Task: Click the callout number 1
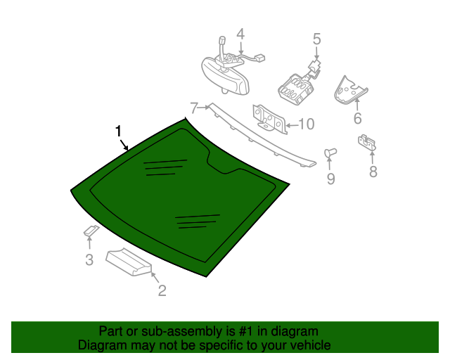[x=119, y=131]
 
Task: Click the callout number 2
[x=162, y=290]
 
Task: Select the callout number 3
[x=89, y=260]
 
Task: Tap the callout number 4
[x=240, y=34]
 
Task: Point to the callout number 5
[x=316, y=39]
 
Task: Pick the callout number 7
[x=194, y=108]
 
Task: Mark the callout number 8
[x=373, y=171]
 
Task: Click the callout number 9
[x=330, y=179]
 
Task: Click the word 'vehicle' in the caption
[x=308, y=345]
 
